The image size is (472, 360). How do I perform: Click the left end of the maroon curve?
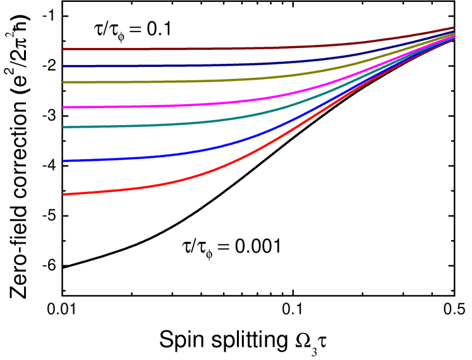point(63,49)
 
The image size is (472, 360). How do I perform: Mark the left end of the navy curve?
point(63,66)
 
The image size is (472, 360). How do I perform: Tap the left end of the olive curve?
point(63,82)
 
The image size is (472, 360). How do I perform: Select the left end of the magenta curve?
point(63,107)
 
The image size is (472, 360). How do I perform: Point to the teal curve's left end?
point(63,127)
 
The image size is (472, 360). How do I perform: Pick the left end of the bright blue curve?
point(63,161)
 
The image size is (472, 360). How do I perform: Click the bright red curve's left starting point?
point(63,194)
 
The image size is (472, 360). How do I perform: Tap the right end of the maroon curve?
point(454,28)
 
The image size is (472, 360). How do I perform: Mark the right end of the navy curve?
point(454,31)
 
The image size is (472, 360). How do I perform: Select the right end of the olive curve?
point(454,33)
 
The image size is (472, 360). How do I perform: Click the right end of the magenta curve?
point(454,36)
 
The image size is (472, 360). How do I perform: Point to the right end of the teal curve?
point(454,37)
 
